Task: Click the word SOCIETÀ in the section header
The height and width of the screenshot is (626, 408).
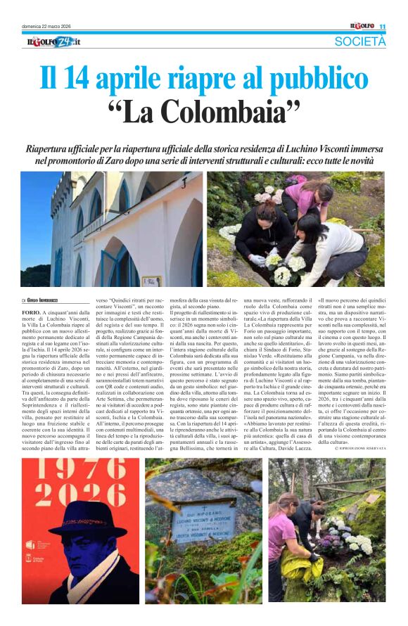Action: point(360,41)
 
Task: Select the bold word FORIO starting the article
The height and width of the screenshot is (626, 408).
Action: point(31,311)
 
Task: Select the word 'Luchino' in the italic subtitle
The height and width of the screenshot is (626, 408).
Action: point(267,150)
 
